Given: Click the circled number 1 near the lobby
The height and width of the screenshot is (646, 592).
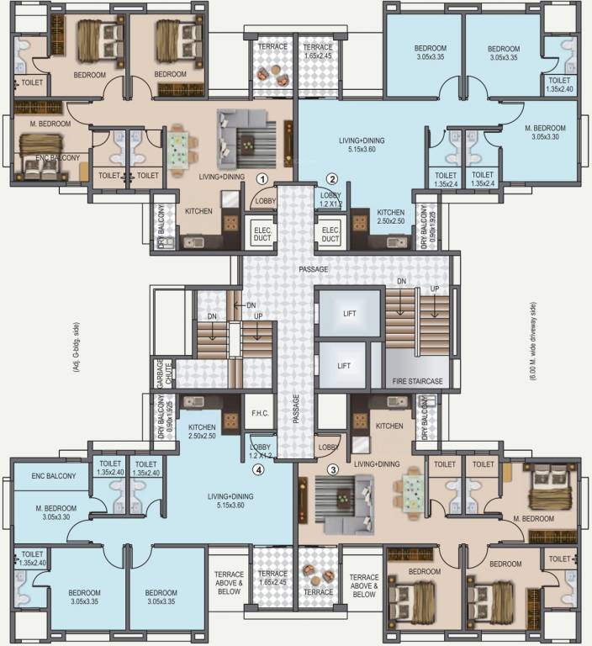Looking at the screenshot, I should pos(262,179).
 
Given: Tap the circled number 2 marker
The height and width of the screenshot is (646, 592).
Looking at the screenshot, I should pos(332,179).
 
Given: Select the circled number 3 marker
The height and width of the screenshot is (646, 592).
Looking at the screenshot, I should pos(332,469).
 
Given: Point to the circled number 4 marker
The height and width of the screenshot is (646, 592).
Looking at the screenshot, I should pos(258,469).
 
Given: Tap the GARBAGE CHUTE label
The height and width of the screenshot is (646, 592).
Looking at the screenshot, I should pos(159,371).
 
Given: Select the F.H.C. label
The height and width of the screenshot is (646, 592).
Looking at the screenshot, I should pos(258,413).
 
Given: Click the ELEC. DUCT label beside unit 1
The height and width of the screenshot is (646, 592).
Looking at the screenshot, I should pos(258,234).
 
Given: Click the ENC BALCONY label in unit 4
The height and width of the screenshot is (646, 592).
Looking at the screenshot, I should pos(54,477).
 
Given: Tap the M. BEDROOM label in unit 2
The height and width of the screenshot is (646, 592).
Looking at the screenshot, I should pos(547,132).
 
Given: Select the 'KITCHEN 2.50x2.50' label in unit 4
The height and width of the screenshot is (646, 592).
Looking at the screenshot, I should pos(203,432).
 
